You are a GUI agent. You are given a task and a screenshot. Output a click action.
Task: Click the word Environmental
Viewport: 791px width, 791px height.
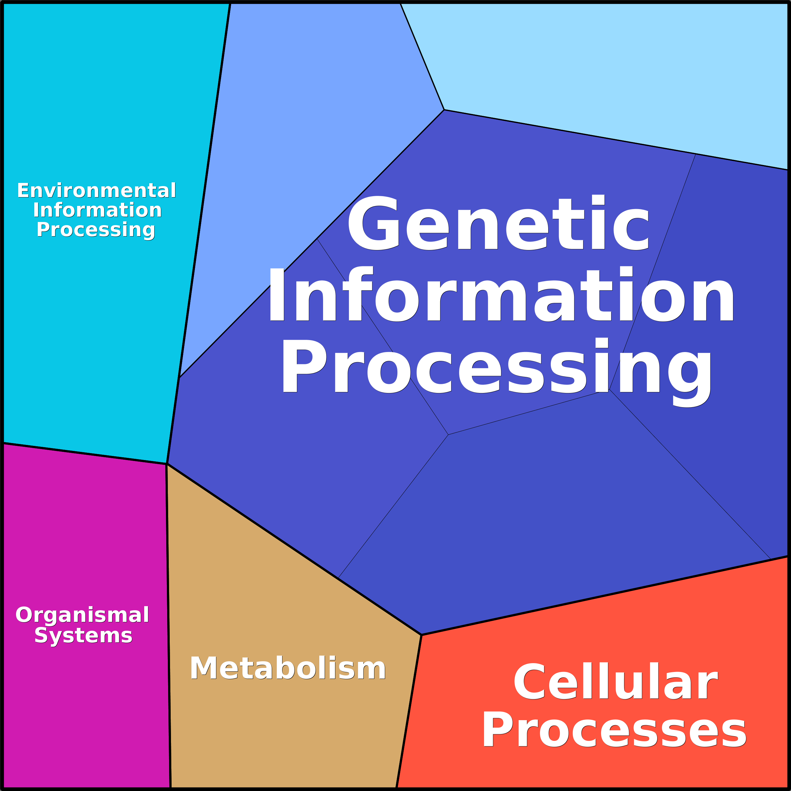[x=97, y=191]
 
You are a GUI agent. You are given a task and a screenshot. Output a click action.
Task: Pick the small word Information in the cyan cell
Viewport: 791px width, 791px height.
[x=97, y=210]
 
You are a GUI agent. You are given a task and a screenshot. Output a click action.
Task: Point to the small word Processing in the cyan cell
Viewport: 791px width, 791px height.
[x=96, y=230]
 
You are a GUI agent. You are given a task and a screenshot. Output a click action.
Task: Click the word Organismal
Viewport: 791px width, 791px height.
[x=82, y=615]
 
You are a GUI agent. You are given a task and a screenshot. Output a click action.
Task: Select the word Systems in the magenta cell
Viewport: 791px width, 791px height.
[x=83, y=635]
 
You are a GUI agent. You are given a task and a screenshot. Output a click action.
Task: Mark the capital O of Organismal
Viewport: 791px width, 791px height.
[x=24, y=615]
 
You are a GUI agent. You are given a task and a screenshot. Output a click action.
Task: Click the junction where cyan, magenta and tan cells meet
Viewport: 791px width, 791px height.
[x=167, y=464]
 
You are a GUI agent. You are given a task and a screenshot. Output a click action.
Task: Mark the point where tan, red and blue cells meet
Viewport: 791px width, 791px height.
[x=421, y=635]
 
